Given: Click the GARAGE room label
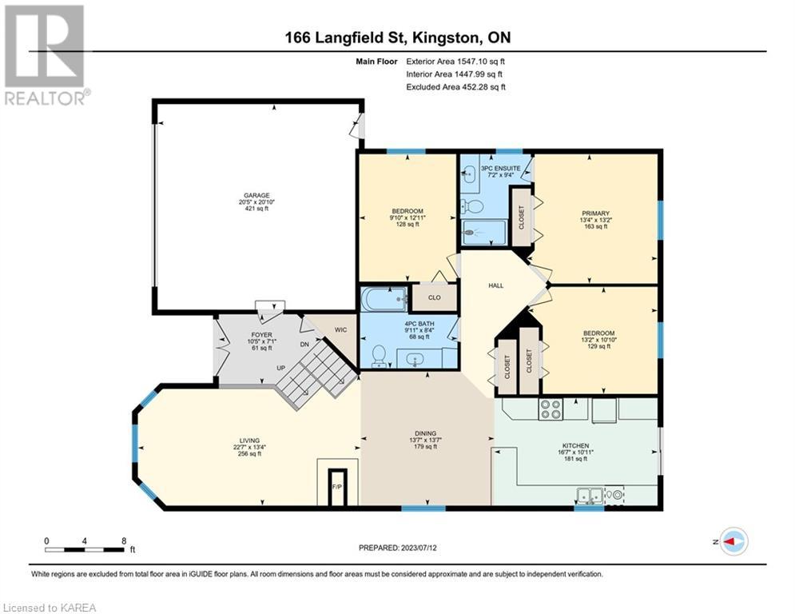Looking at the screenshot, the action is tap(256, 195).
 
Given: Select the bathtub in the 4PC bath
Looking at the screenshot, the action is tap(384, 299).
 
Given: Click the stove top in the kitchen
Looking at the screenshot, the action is tap(551, 409).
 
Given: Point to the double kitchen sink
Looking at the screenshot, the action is tap(590, 495).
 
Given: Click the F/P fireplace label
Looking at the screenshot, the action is tap(336, 487).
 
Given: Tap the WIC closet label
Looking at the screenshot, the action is tap(340, 330).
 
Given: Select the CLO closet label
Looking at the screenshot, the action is tap(435, 297).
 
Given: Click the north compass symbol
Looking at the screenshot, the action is tap(734, 541).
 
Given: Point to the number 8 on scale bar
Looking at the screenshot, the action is tap(124, 541).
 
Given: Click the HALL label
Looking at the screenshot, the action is tap(496, 285).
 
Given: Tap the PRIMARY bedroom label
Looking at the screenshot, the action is tap(596, 213).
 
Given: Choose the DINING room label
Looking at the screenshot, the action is tap(425, 433).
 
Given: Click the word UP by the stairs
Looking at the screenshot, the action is tap(281, 368).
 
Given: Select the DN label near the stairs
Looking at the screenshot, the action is tap(304, 345).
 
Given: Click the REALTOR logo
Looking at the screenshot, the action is tap(46, 55).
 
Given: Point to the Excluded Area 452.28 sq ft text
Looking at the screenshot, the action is tap(455, 87).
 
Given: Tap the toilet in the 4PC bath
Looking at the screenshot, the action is tap(379, 356).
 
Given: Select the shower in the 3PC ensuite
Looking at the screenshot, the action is tap(483, 233).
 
